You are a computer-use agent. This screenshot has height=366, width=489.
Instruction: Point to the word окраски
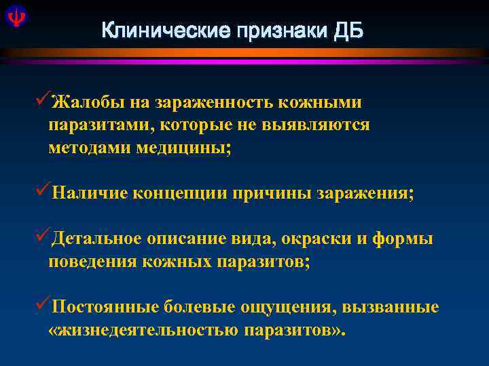click(323, 239)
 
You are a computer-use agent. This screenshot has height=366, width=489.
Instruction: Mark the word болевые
click(200, 308)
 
